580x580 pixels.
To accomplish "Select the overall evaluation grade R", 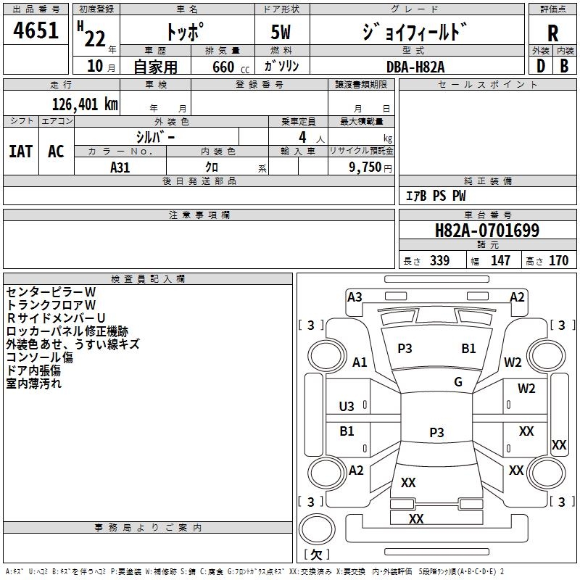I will pyautogui.click(x=552, y=34).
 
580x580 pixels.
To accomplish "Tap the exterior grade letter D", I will pyautogui.click(x=540, y=65).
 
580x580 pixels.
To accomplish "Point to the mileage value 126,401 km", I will pyautogui.click(x=85, y=104).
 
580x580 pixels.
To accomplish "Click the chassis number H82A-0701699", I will pyautogui.click(x=486, y=231).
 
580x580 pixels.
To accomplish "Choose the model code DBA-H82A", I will pyautogui.click(x=415, y=66).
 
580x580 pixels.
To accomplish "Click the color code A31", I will pyautogui.click(x=120, y=166).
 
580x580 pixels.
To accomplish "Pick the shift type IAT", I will pyautogui.click(x=21, y=152).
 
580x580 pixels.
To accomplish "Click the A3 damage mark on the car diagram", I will pyautogui.click(x=355, y=297).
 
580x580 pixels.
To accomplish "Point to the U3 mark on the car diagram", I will pyautogui.click(x=347, y=406).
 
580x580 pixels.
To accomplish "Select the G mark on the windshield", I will pyautogui.click(x=458, y=382).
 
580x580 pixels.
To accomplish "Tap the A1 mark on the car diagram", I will pyautogui.click(x=360, y=362).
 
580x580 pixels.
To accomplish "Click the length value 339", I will pyautogui.click(x=439, y=261).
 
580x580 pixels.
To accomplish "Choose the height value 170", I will pyautogui.click(x=558, y=261).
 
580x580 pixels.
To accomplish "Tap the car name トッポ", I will pyautogui.click(x=186, y=32).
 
